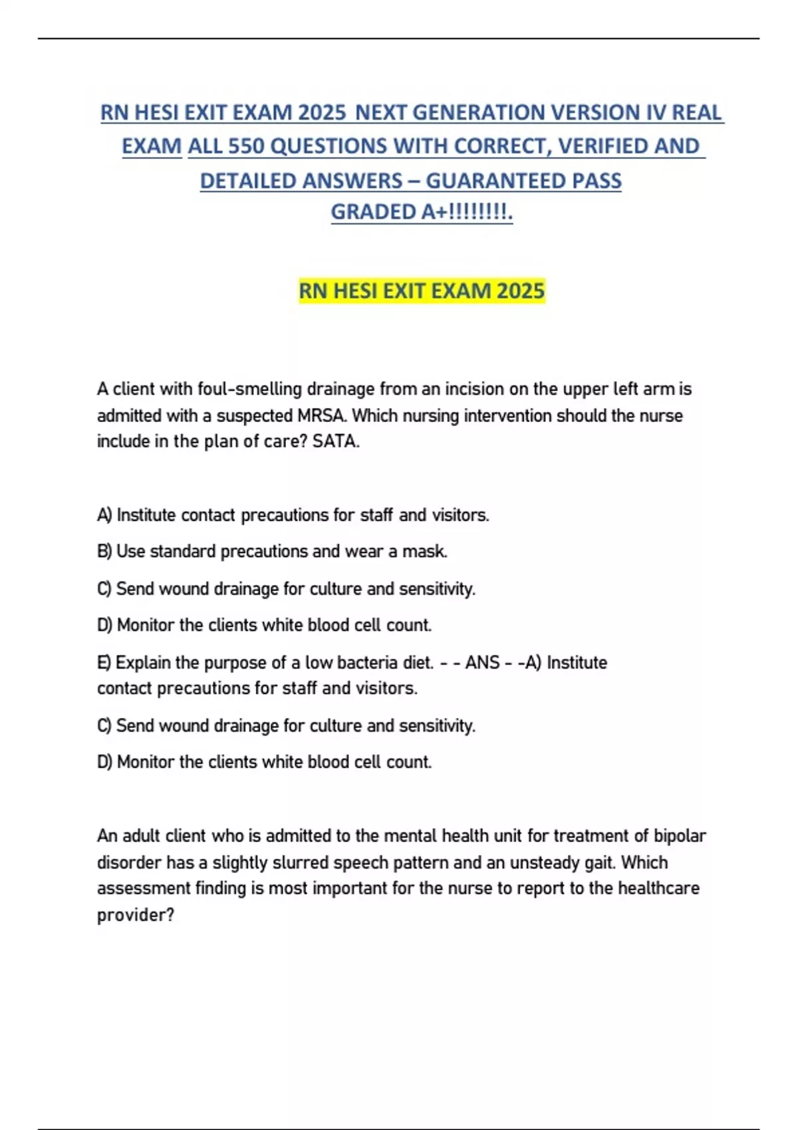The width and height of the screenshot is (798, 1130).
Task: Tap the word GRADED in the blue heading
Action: click(x=373, y=212)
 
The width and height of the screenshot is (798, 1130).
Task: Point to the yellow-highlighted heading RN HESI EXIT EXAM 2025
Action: click(x=422, y=291)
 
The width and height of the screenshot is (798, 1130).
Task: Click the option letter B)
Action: click(x=104, y=552)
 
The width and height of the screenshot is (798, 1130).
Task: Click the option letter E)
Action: click(x=104, y=663)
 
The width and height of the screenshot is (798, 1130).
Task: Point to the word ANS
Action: click(x=482, y=663)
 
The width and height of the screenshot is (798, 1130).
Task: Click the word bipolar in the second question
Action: click(x=680, y=836)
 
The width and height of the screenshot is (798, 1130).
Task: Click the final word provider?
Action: click(x=136, y=915)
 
